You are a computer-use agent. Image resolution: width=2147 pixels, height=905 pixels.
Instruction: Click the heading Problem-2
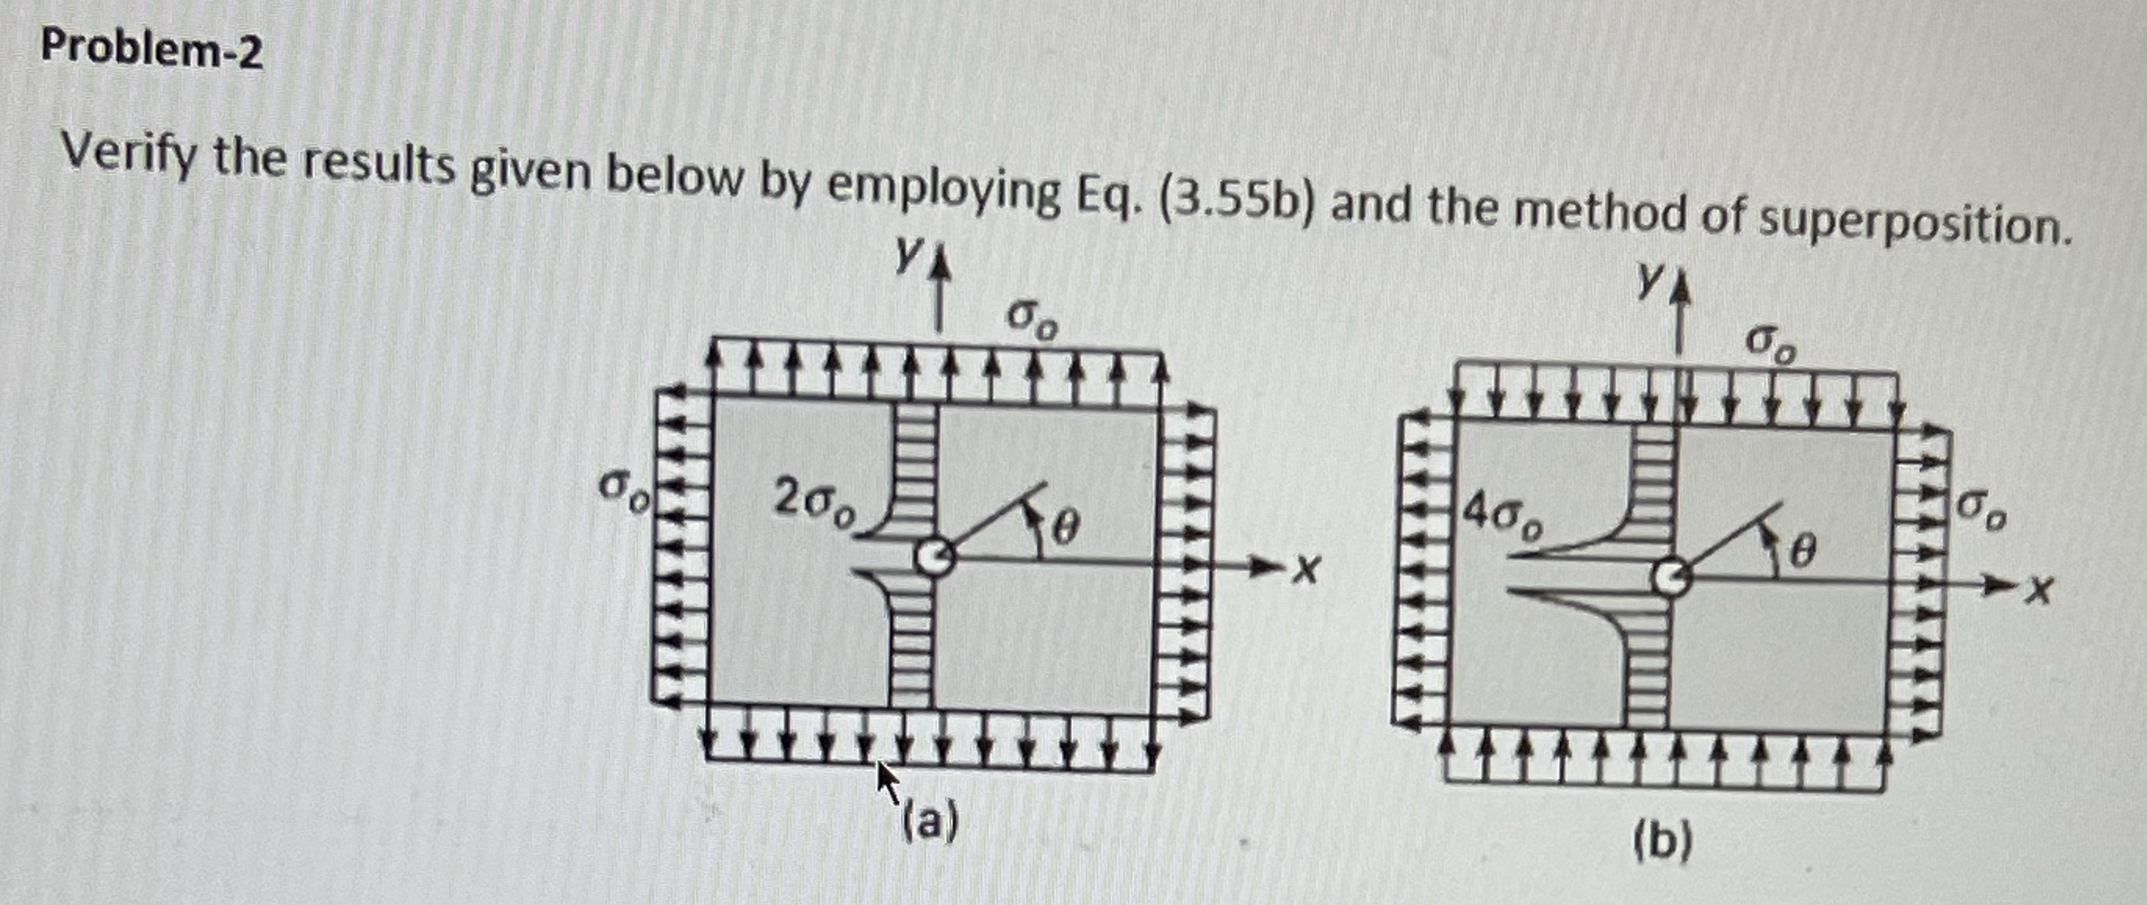pos(152,50)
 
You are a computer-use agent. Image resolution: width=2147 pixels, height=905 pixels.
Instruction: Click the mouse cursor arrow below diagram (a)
pos(887,779)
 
